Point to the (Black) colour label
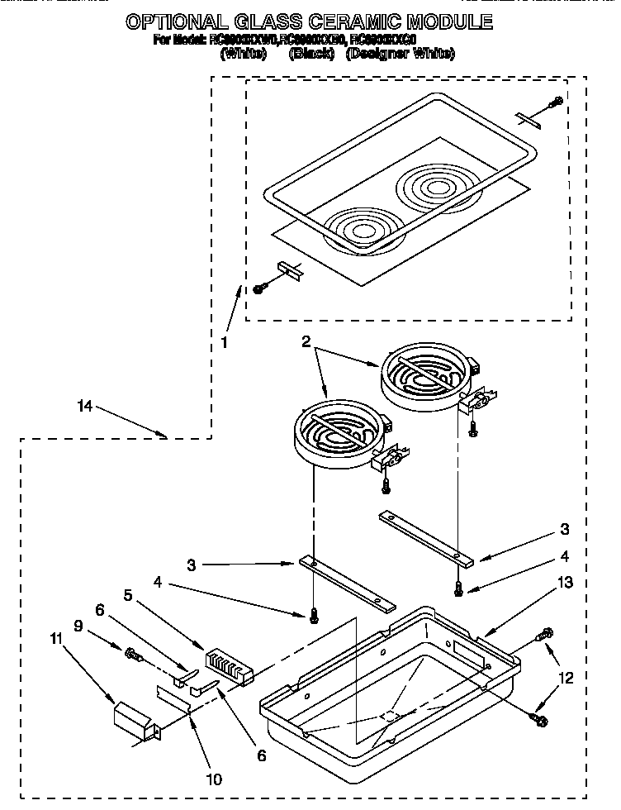click(311, 54)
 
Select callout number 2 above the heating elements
click(306, 341)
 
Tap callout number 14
click(85, 407)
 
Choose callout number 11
click(57, 660)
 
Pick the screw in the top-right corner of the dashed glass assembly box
click(557, 102)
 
